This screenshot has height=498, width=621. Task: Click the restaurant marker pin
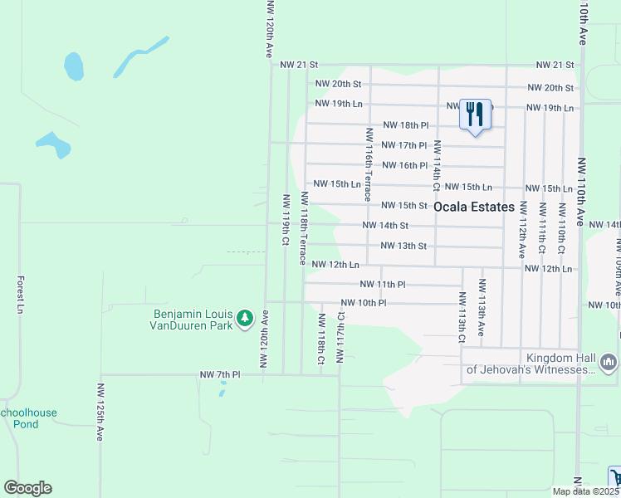click(476, 114)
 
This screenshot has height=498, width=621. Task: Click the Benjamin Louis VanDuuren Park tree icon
click(245, 319)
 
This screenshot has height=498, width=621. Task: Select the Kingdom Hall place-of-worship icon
click(609, 362)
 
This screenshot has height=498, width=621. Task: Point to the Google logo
click(27, 488)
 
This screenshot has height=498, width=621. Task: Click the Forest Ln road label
click(20, 295)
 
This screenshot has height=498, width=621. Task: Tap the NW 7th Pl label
click(219, 375)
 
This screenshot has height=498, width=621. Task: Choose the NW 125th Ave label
click(100, 412)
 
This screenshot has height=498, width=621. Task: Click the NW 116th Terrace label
click(366, 164)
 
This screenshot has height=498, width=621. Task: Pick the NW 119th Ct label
click(286, 219)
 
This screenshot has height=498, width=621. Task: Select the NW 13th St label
click(403, 246)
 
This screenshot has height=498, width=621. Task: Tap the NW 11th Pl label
click(382, 284)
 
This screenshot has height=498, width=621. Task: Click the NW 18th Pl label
click(405, 125)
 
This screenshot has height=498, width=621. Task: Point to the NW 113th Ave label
click(482, 307)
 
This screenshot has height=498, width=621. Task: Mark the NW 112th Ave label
click(523, 227)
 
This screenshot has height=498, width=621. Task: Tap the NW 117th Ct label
click(340, 338)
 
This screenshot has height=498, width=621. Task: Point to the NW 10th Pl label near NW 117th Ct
click(364, 303)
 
